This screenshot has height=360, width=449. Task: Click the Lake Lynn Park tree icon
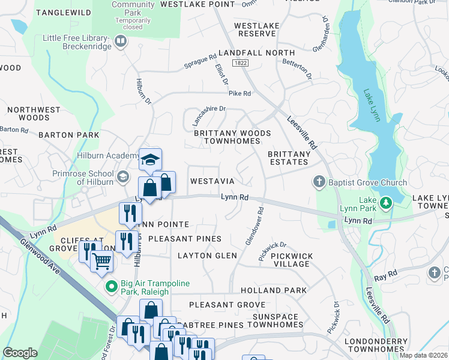(x=386, y=204)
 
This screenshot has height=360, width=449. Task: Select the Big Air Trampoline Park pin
(x=110, y=287)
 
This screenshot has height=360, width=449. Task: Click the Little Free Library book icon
(x=121, y=41)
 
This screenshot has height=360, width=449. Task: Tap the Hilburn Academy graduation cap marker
(x=150, y=159)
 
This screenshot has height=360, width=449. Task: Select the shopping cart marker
(x=102, y=261)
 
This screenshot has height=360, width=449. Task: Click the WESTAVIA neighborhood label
(x=212, y=181)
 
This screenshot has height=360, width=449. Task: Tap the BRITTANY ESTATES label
(x=289, y=158)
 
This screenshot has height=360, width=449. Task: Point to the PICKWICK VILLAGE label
(x=292, y=260)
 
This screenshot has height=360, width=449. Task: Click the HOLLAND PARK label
(x=282, y=290)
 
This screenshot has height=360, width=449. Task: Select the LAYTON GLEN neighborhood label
(x=207, y=256)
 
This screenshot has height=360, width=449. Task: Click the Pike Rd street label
(x=239, y=94)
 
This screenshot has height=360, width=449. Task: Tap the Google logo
(x=20, y=352)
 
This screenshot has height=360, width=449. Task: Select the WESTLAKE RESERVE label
(x=256, y=29)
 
